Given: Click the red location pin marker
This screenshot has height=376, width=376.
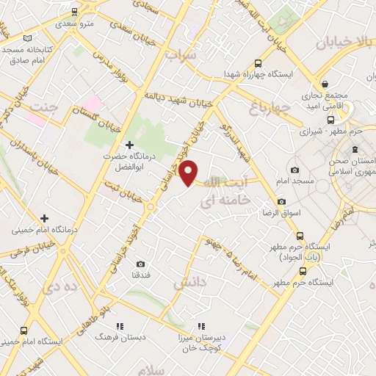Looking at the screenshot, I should click(189, 173).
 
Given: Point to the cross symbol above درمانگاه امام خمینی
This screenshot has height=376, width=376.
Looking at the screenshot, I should click(45, 218).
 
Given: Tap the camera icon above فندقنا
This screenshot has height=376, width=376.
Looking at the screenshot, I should click(140, 264).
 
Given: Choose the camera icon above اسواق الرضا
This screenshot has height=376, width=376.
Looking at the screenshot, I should click(281, 201).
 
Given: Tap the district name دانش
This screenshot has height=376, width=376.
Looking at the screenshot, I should click(187, 281).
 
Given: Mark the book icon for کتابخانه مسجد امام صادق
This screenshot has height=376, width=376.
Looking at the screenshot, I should click(28, 39).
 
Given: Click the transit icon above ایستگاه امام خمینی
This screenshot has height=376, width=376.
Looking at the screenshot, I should click(24, 330).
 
